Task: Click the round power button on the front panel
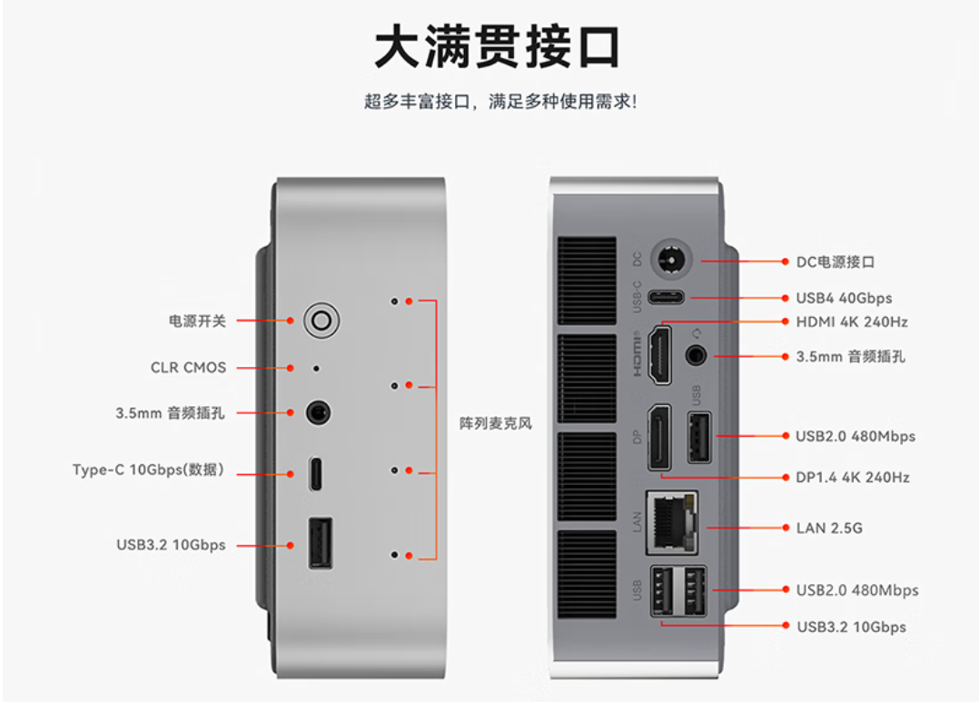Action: [x=321, y=320]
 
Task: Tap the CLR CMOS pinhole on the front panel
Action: [x=315, y=369]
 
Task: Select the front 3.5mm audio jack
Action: [x=318, y=413]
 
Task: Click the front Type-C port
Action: [x=315, y=474]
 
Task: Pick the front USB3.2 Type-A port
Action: [x=320, y=543]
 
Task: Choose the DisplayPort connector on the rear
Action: [x=660, y=438]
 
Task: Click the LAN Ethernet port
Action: [x=671, y=523]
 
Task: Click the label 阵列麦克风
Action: [x=496, y=423]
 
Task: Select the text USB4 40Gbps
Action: [x=844, y=298]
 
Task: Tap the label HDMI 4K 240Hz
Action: [x=851, y=321]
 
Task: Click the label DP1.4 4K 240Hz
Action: [x=853, y=477]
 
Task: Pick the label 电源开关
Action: [x=197, y=321]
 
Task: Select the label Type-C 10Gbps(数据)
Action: [x=149, y=470]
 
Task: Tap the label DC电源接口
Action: [x=836, y=262]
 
